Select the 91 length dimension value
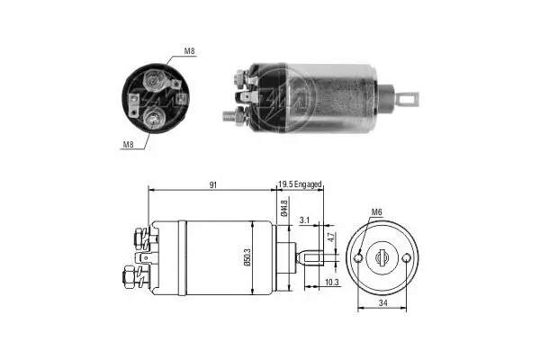tap(211, 184)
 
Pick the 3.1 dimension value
tap(305, 219)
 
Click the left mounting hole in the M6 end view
tap(360, 258)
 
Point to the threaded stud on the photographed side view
tap(230, 115)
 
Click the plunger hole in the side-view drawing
tap(318, 259)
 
